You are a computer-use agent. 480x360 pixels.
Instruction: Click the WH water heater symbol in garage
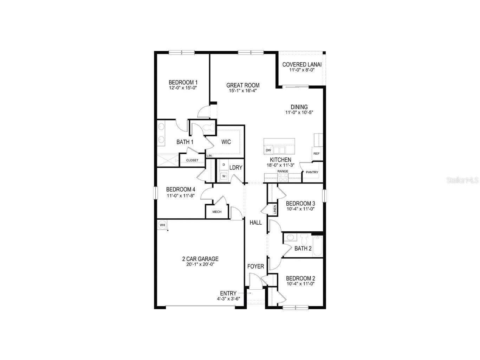[x=162, y=225]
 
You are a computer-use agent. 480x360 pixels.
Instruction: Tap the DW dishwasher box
[x=268, y=150]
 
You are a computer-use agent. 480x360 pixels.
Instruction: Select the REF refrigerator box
[x=316, y=154]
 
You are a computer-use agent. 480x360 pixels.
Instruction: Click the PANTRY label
[x=312, y=172]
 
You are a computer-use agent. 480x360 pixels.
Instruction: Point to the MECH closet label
[x=217, y=212]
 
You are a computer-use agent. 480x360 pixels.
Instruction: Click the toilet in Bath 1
[x=210, y=128]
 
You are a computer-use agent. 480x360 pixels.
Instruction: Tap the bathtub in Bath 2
[x=317, y=246]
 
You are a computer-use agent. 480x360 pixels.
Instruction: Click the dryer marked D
[x=223, y=165]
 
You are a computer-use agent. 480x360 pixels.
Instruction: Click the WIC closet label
[x=226, y=142]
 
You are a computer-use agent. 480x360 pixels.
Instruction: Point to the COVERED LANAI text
[x=302, y=65]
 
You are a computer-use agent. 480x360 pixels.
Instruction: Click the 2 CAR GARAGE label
[x=200, y=259]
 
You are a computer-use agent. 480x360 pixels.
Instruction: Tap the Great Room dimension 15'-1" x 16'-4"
[x=243, y=91]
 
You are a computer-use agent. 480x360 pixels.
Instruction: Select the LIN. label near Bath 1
[x=209, y=155]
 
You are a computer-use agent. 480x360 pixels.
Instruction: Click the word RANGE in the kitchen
[x=283, y=171]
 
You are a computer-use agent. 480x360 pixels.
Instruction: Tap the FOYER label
[x=255, y=266]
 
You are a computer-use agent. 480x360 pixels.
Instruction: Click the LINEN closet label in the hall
[x=275, y=210]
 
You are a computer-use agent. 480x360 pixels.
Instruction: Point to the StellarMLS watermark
[x=462, y=180]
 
